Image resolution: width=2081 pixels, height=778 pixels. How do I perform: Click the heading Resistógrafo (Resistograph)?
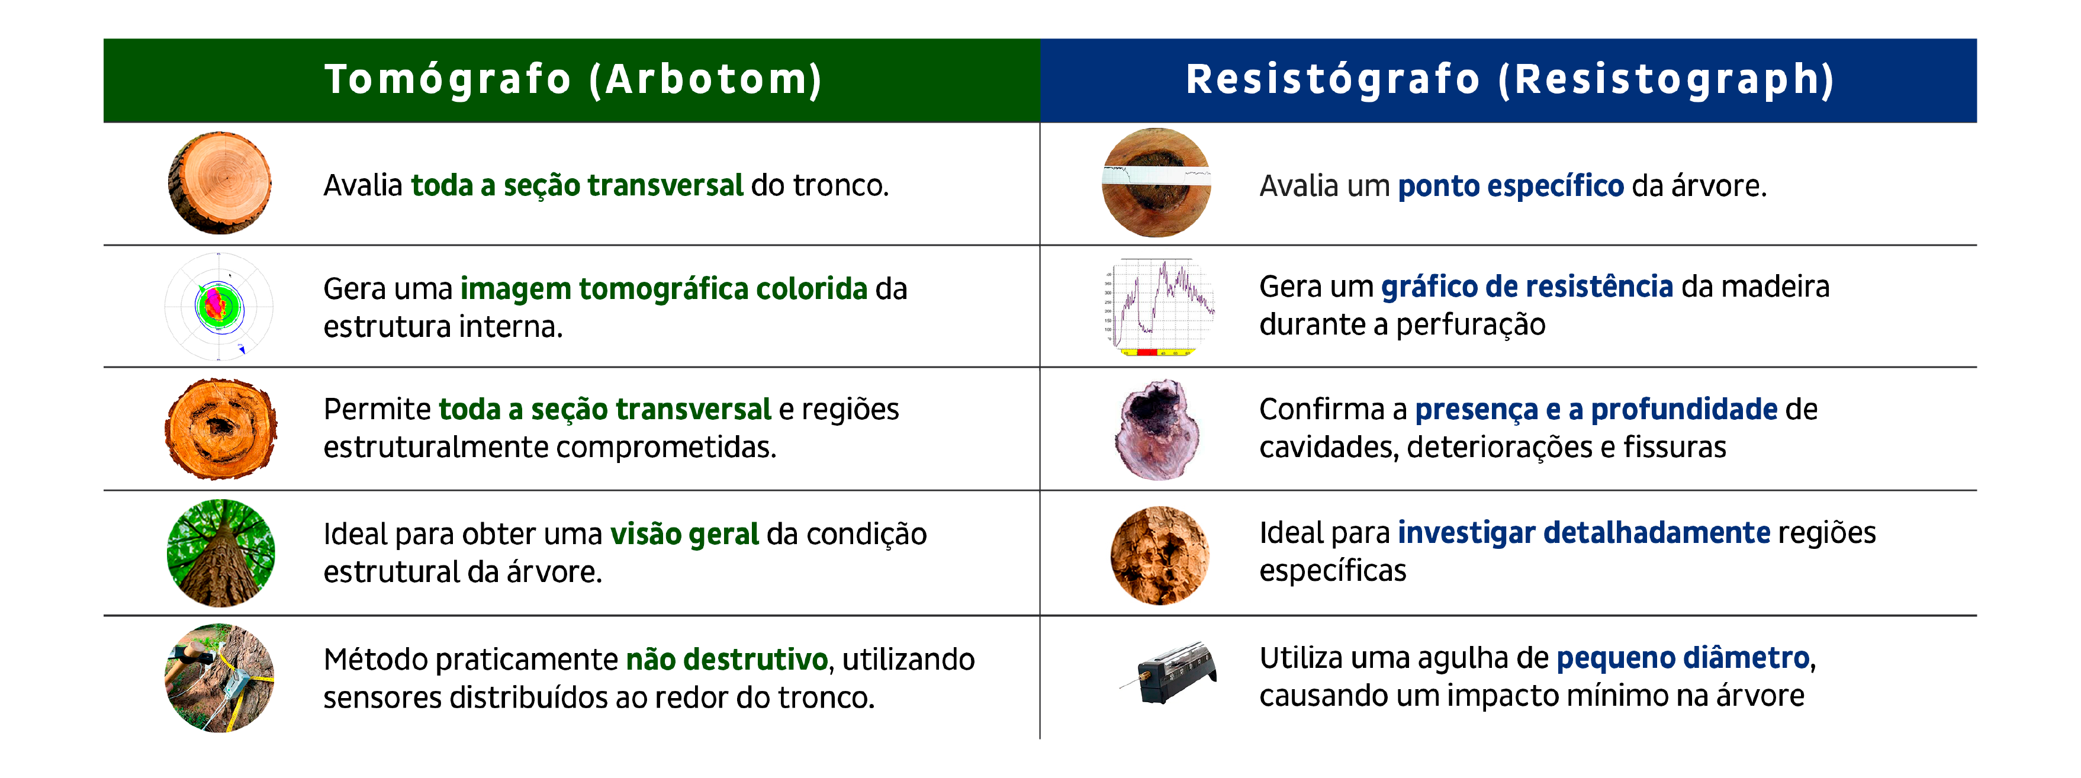pyautogui.click(x=1510, y=80)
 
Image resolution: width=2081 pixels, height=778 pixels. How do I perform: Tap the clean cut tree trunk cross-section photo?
pyautogui.click(x=220, y=184)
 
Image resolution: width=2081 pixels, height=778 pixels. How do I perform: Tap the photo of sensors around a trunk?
pyautogui.click(x=220, y=678)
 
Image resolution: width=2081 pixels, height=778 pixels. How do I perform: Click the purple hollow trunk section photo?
pyautogui.click(x=1157, y=429)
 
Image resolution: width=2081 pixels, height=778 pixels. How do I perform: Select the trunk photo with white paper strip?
pyautogui.click(x=1157, y=182)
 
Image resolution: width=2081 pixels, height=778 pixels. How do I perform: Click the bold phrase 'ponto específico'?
pyautogui.click(x=1511, y=187)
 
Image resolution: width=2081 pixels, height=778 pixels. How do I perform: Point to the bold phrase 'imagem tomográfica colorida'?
pyautogui.click(x=664, y=289)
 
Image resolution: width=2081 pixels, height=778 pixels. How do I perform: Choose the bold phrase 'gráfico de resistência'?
pyautogui.click(x=1527, y=287)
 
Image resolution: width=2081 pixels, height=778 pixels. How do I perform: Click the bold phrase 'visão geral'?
pyautogui.click(x=684, y=534)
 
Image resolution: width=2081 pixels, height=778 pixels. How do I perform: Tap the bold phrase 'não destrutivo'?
pyautogui.click(x=727, y=659)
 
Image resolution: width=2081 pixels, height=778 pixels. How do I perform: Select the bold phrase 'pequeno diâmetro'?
pyautogui.click(x=1683, y=658)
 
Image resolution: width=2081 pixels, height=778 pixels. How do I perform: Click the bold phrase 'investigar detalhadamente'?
pyautogui.click(x=1584, y=533)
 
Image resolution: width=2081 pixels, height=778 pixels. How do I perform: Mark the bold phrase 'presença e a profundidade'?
pyautogui.click(x=1596, y=410)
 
